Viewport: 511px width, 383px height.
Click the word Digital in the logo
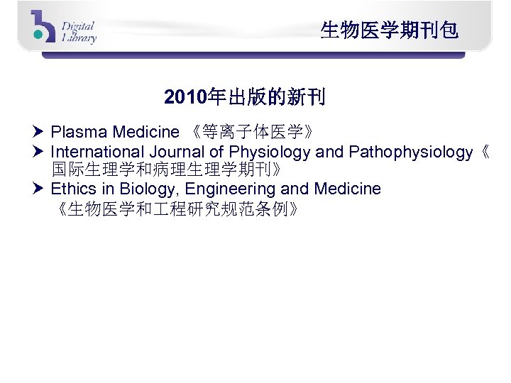click(78, 26)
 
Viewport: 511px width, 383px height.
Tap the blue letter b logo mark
click(43, 27)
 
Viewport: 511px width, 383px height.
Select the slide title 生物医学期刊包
click(389, 30)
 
